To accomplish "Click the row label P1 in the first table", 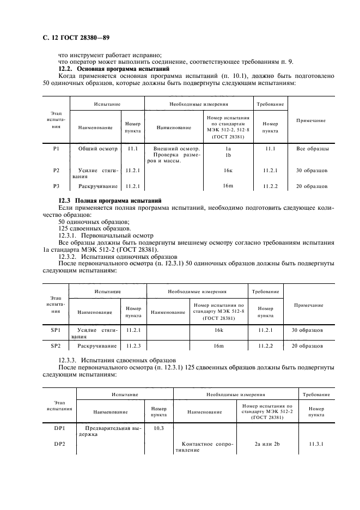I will click(x=56, y=148).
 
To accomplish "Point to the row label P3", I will click(x=56, y=186).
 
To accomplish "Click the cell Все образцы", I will click(x=312, y=148).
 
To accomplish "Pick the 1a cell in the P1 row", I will click(x=228, y=148).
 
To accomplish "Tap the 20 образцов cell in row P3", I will click(x=311, y=186).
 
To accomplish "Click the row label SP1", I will click(x=55, y=330).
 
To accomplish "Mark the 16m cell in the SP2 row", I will click(x=218, y=346).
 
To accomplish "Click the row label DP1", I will click(x=59, y=428).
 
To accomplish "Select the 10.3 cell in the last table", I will click(x=159, y=428).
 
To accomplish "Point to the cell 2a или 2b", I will click(x=267, y=444).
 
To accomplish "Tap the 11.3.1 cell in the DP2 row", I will click(x=316, y=444).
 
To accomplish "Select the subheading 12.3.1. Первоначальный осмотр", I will click(x=104, y=235).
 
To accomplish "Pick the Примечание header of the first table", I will click(x=311, y=120).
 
